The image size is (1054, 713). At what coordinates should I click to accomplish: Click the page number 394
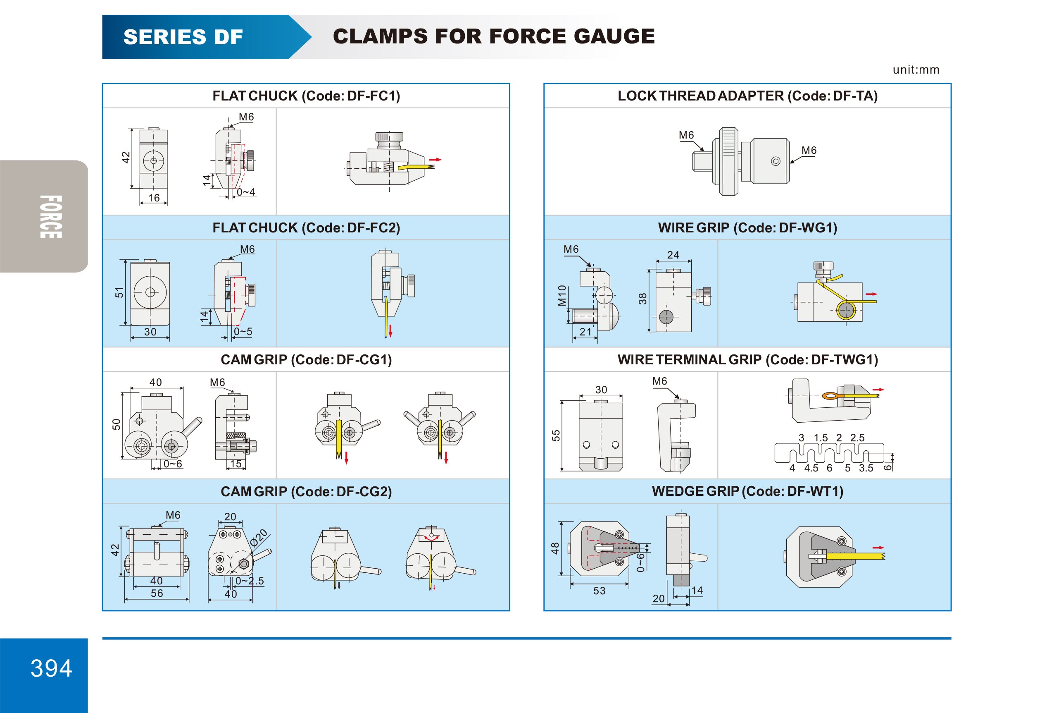tap(51, 668)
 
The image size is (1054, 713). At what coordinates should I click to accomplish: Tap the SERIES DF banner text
tap(183, 37)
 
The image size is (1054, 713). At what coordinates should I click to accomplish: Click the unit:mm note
tap(916, 70)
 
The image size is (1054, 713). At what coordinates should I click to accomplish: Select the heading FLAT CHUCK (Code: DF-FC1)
tap(306, 96)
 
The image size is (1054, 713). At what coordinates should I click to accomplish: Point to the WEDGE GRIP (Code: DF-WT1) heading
tap(747, 491)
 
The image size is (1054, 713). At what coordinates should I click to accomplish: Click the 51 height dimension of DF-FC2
tap(119, 293)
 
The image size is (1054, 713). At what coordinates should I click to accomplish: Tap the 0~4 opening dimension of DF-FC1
tap(246, 192)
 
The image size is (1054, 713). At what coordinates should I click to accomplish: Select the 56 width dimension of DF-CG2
tap(157, 593)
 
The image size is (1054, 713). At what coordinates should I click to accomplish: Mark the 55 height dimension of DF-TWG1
tap(556, 435)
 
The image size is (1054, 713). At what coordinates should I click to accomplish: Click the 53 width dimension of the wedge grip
tap(599, 591)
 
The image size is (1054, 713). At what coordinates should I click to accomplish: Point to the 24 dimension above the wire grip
tap(673, 255)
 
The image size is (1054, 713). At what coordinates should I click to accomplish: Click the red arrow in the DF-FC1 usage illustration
tap(435, 160)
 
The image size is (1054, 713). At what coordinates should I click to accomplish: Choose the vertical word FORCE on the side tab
tap(50, 217)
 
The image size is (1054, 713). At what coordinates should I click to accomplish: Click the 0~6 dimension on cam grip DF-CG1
tap(172, 463)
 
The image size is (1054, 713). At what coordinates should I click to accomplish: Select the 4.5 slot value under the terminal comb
tap(811, 468)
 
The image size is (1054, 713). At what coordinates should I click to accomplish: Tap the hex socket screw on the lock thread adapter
tap(776, 161)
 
